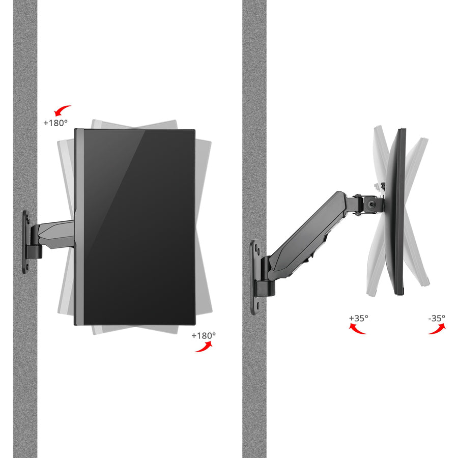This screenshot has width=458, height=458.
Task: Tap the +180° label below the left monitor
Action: (204, 335)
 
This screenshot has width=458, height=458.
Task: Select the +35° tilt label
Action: (358, 318)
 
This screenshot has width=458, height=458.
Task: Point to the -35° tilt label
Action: (436, 318)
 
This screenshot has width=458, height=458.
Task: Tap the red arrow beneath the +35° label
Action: (357, 329)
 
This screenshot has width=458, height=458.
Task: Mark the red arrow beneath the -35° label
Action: (437, 329)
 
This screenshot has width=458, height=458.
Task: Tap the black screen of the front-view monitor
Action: (137, 226)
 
